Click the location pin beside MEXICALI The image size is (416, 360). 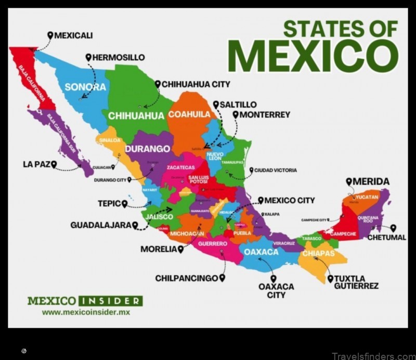50,35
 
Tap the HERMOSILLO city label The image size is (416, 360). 119,57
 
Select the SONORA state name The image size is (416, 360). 85,87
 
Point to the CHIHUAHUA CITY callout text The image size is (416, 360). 196,84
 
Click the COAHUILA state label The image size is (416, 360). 189,114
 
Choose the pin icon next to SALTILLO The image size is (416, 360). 216,105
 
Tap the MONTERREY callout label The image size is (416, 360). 265,114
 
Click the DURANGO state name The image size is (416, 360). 147,149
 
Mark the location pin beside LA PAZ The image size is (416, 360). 54,164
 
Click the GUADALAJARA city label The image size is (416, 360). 101,225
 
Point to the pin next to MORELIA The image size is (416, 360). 180,249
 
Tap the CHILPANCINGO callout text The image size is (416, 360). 186,278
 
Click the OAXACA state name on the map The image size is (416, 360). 261,252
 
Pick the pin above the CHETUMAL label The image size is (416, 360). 393,228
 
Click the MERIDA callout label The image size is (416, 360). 371,182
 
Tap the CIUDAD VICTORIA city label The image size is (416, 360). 276,170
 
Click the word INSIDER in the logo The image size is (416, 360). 109,301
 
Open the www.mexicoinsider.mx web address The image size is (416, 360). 86,312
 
